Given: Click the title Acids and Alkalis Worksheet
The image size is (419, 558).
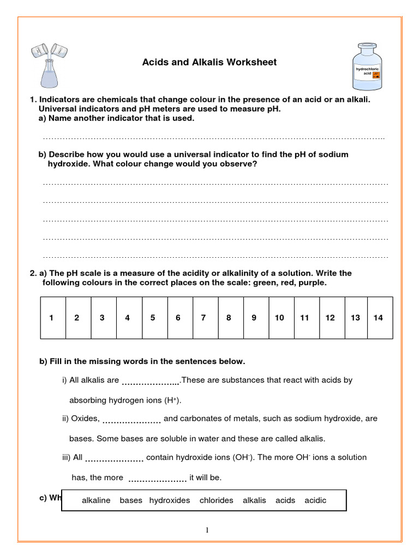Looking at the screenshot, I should tap(209, 62).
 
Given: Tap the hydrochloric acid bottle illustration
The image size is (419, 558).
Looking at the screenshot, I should tap(368, 67).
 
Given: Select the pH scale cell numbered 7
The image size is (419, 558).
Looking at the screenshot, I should tap(203, 318).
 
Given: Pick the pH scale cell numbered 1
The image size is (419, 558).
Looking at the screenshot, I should tap(51, 318).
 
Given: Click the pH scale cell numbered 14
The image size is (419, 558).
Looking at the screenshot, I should tap(379, 318).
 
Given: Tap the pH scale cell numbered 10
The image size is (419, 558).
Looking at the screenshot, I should tap(279, 318).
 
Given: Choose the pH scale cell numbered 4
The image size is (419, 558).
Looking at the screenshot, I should tap(127, 318).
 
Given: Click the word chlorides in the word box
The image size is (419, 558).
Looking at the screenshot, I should tap(216, 500).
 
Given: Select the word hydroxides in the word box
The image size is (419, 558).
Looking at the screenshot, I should tap(170, 500).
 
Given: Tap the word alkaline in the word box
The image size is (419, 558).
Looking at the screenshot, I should tap(96, 500).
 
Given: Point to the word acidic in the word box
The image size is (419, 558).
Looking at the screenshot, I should tap(315, 500).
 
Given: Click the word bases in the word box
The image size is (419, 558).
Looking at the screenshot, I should tap(131, 500).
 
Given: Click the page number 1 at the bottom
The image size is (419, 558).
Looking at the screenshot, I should tap(208, 530).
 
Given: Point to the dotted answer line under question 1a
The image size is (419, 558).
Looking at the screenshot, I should tap(214, 138).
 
